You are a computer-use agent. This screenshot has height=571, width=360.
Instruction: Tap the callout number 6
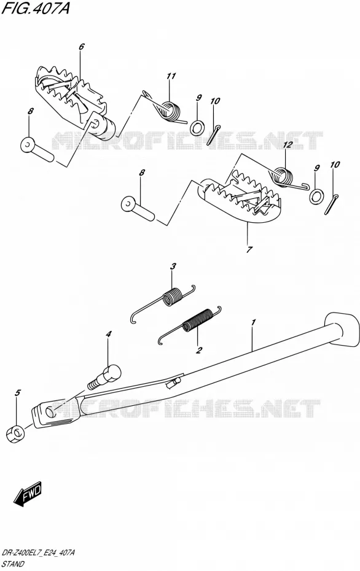click(x=81, y=47)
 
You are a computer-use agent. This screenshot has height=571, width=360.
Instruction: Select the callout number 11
click(x=171, y=76)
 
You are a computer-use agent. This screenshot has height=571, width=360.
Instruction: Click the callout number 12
click(x=288, y=144)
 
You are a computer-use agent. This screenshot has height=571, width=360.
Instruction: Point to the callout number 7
click(x=249, y=250)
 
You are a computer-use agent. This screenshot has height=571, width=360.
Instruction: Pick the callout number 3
click(x=173, y=266)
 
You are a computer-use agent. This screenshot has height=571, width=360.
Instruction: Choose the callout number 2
click(x=199, y=351)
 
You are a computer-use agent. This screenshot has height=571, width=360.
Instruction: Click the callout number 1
click(x=253, y=322)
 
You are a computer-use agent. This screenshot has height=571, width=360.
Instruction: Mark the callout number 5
click(x=17, y=392)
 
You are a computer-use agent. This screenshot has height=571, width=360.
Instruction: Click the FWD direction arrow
click(x=28, y=494)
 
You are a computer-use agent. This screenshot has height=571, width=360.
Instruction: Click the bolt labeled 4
click(x=104, y=376)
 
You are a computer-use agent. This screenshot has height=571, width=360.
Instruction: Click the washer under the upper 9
click(x=197, y=127)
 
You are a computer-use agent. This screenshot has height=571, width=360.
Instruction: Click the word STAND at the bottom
click(x=13, y=564)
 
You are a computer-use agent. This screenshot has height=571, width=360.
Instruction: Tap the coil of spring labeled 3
click(x=172, y=296)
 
